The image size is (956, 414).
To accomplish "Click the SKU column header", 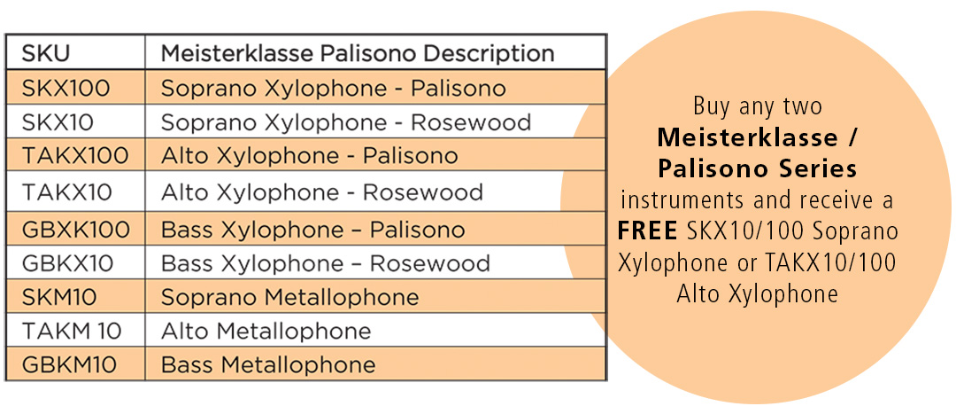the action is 46,53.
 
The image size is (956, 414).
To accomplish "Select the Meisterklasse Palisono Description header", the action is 358,53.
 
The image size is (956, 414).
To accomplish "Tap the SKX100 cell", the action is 66,89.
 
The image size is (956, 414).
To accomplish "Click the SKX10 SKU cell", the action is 58,122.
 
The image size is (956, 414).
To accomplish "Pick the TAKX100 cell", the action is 75,156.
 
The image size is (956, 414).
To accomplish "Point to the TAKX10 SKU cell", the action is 67,192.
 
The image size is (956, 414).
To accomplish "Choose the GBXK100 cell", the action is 76,230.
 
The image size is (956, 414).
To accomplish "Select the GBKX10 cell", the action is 67,264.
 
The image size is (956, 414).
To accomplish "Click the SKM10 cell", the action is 59,297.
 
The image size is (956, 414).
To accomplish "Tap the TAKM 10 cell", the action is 72,331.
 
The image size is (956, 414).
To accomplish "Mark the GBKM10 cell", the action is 69,364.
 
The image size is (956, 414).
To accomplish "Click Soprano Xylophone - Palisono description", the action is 334,90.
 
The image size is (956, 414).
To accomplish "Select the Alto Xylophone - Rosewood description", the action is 322,193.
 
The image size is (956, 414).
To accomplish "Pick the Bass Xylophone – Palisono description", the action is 312,230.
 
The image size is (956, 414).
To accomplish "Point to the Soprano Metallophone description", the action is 290,298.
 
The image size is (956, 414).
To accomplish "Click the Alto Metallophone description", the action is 266,331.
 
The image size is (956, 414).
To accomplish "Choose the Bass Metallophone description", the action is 268,364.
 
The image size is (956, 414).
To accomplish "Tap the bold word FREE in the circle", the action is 647,231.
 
